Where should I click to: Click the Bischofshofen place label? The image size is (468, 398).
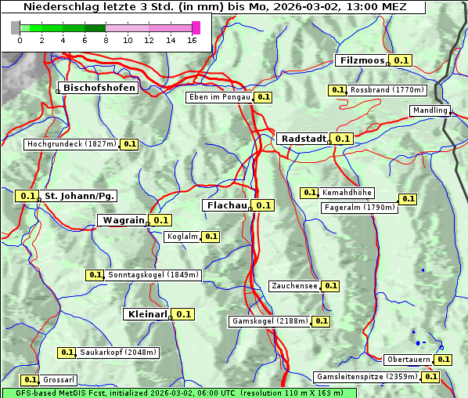99,88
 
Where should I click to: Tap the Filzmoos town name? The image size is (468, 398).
362,60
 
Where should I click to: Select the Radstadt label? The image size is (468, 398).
303,139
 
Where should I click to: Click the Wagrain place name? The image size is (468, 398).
124,220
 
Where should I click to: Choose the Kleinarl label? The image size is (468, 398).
146,314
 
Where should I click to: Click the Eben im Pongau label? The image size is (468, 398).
219,97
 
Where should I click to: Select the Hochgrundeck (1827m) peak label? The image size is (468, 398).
71,144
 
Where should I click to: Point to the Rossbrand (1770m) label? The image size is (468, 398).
387,90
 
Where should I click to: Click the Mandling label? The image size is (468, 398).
430,110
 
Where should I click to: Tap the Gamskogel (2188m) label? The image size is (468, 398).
270,321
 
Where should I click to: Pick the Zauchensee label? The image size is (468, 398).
294,286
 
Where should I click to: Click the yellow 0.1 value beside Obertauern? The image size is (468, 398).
443,360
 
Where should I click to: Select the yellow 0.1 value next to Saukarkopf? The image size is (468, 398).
67,353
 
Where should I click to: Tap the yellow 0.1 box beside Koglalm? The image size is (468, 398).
211,237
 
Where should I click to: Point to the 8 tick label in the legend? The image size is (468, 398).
105,40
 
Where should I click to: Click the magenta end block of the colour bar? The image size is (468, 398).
196,27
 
